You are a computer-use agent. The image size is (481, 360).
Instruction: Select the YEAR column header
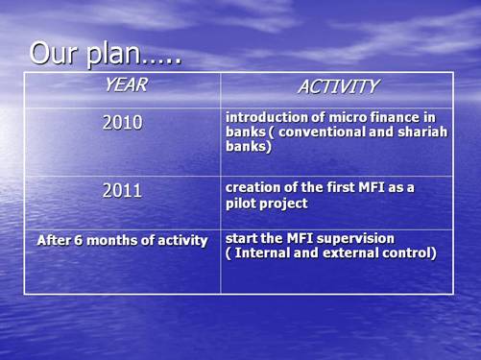pos(125,85)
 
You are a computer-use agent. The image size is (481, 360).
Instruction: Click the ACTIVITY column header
pos(337,87)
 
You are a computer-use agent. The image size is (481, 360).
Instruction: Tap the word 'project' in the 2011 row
pos(284,204)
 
